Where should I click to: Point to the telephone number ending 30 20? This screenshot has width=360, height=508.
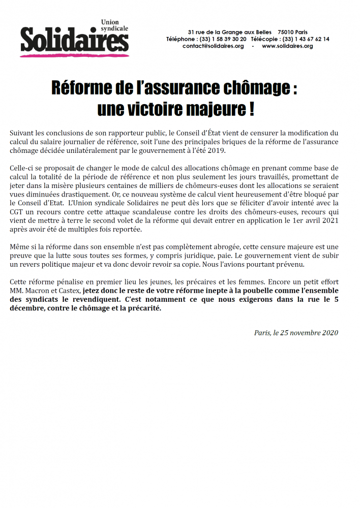pos(224,39)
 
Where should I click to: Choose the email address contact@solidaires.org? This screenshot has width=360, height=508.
pos(214,46)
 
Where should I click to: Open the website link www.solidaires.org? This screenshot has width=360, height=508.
pos(287,46)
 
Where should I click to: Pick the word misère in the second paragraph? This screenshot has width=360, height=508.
pos(84,186)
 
